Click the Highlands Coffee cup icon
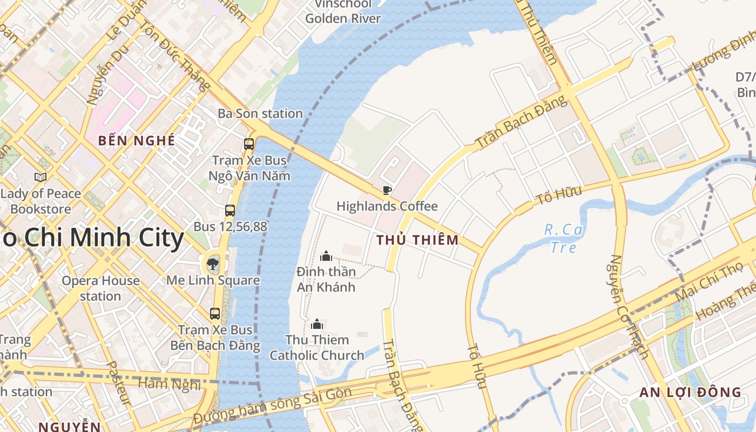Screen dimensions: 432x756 (x=387, y=190)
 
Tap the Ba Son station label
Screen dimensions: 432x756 (x=260, y=113)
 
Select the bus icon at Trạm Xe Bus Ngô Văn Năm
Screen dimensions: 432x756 (x=249, y=144)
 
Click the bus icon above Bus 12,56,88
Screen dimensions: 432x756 (x=230, y=211)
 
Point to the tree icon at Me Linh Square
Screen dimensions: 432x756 (x=213, y=264)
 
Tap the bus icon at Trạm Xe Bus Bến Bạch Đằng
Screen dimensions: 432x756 (x=215, y=314)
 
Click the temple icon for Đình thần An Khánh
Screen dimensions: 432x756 (x=326, y=256)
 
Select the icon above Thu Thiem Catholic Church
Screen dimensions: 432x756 (x=317, y=324)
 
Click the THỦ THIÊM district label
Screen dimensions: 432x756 (x=417, y=240)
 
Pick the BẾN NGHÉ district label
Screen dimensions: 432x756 (x=137, y=141)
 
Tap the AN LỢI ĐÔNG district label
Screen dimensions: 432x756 (x=691, y=393)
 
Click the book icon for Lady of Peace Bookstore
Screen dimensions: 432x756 (x=40, y=177)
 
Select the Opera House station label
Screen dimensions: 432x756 (x=100, y=288)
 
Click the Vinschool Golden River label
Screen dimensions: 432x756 (x=343, y=11)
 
